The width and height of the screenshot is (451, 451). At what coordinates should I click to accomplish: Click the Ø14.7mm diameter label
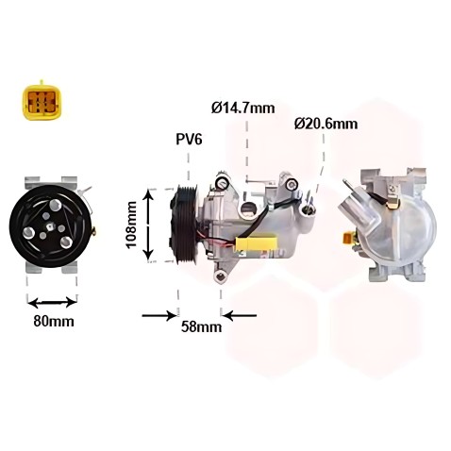pyautogui.click(x=243, y=109)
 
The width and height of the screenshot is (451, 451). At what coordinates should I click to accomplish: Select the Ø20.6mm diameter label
pyautogui.click(x=326, y=124)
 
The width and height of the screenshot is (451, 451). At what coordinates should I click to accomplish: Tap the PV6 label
pyautogui.click(x=189, y=139)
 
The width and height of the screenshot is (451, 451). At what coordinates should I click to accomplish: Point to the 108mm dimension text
pyautogui.click(x=131, y=225)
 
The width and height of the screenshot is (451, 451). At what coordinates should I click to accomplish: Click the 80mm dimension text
pyautogui.click(x=54, y=321)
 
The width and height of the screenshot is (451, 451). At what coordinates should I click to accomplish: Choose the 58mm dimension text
pyautogui.click(x=201, y=326)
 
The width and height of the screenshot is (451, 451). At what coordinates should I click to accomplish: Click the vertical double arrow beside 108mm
pyautogui.click(x=148, y=225)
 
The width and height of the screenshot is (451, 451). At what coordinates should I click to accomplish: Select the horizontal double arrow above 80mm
pyautogui.click(x=52, y=303)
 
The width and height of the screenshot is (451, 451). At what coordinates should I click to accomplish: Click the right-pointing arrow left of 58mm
pyautogui.click(x=159, y=315)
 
